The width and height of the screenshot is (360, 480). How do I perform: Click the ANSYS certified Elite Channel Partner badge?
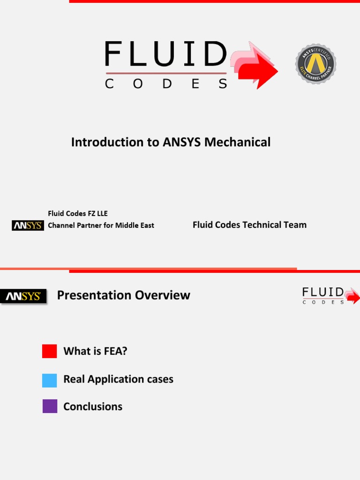315,64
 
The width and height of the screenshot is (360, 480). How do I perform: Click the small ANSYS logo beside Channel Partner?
28,225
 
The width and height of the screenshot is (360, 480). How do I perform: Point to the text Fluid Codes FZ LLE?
78,214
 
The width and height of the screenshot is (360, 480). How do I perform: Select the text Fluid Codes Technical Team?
249,225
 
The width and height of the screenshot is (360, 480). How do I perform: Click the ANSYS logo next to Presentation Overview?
23,296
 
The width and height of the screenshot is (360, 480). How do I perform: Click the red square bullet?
50,351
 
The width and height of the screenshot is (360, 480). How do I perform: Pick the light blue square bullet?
50,380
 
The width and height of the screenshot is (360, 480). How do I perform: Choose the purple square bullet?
50,406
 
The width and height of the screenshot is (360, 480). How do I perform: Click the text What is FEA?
95,351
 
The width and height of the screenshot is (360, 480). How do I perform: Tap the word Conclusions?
93,406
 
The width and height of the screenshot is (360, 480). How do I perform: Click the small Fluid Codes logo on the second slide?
330,296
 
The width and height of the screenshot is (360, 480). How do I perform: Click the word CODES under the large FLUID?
166,84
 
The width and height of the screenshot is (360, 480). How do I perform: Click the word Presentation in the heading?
94,295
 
